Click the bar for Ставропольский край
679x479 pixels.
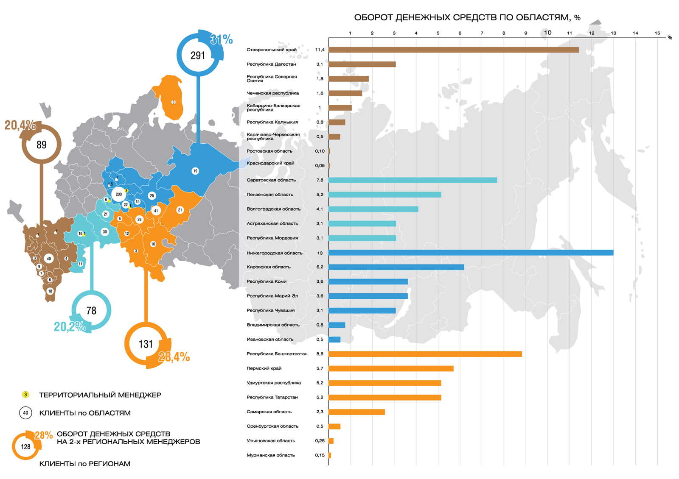click(453, 50)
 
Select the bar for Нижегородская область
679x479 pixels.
click(471, 253)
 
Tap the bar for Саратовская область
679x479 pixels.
click(412, 180)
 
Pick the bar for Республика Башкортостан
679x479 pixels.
click(425, 354)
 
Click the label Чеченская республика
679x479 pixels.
click(272, 93)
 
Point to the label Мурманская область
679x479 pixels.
click(270, 455)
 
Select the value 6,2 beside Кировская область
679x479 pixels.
click(320, 267)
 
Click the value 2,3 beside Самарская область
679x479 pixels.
click(320, 412)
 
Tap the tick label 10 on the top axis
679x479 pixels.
click(547, 33)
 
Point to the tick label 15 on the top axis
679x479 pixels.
click(657, 33)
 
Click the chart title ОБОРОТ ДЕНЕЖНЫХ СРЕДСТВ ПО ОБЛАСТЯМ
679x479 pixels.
click(467, 17)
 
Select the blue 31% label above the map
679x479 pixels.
click(222, 40)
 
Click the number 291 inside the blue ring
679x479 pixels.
click(198, 56)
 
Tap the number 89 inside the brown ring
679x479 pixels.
click(42, 145)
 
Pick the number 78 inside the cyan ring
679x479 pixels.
click(91, 311)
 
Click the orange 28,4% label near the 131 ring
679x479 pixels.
click(174, 357)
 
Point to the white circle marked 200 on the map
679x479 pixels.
click(119, 195)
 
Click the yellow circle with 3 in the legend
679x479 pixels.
click(25, 395)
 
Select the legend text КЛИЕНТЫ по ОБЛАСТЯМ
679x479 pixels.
click(85, 413)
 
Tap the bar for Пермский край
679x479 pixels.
click(391, 368)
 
